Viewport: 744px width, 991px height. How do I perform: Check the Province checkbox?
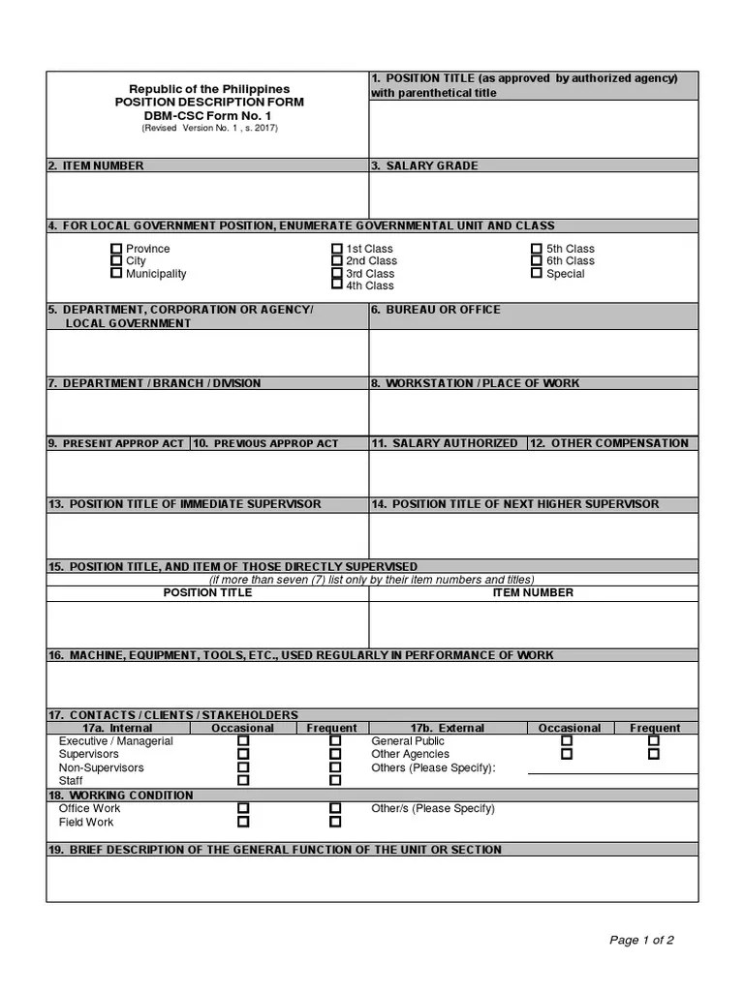(x=116, y=249)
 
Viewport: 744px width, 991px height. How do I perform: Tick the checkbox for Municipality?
(x=116, y=274)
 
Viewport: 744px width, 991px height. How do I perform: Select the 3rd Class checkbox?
(x=337, y=274)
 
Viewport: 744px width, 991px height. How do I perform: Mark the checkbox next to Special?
(x=537, y=274)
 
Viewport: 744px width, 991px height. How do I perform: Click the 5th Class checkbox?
(x=537, y=249)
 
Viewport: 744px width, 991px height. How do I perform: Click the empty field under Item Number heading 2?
(x=207, y=195)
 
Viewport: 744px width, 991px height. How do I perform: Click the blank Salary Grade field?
(x=533, y=195)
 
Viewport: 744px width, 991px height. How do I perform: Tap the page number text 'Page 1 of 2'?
(x=641, y=940)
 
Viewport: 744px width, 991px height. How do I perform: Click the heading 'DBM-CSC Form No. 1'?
(x=209, y=115)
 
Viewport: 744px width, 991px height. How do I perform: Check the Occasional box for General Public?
(x=567, y=741)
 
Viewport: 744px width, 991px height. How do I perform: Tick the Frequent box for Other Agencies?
(x=654, y=754)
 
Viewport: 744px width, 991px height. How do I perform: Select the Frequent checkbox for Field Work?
(x=335, y=822)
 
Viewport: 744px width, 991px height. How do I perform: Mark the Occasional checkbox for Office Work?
(x=243, y=808)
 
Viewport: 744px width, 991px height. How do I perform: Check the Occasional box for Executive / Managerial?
(x=243, y=741)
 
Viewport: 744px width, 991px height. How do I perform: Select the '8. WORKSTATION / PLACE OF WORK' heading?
(x=476, y=383)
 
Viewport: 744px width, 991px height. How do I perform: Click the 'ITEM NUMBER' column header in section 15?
(x=533, y=592)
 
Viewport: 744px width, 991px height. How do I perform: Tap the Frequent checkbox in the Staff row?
(x=335, y=780)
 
